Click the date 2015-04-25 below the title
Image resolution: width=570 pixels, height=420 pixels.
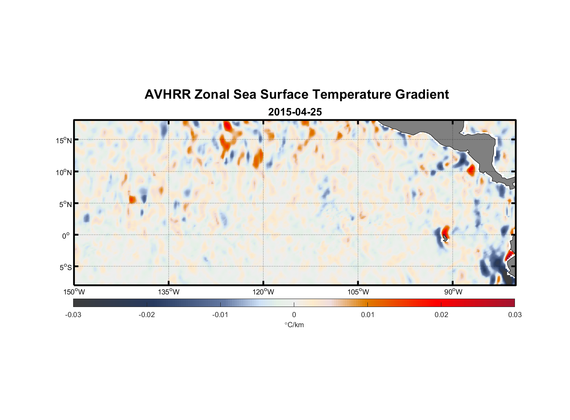click(x=295, y=112)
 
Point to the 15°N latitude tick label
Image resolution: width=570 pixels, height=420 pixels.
click(x=64, y=140)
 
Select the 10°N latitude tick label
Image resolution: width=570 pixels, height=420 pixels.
click(x=64, y=172)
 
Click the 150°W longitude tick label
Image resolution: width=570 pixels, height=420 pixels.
click(x=74, y=292)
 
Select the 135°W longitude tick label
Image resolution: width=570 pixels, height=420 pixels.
click(x=169, y=292)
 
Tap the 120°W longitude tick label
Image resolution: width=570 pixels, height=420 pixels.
click(x=264, y=292)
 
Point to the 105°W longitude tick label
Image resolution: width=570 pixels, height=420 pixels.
click(x=358, y=292)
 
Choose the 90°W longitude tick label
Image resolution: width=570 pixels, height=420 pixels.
click(x=453, y=292)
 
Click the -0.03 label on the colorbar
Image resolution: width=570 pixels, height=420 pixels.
click(x=73, y=315)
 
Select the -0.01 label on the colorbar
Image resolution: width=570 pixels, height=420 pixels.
click(x=220, y=315)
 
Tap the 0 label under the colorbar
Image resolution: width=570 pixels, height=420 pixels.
click(x=294, y=315)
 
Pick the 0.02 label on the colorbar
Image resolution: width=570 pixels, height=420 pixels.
click(x=441, y=315)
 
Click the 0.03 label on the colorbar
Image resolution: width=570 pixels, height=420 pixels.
click(x=515, y=315)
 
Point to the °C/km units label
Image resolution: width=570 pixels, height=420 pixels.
click(x=294, y=325)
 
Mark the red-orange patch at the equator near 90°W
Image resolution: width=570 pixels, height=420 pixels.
click(x=446, y=231)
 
